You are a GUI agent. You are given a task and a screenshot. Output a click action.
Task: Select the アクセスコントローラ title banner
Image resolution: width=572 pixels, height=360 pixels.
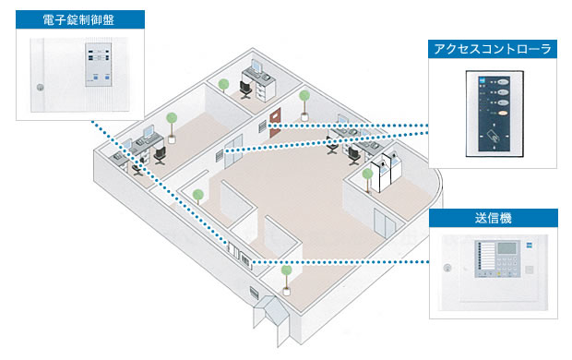493,49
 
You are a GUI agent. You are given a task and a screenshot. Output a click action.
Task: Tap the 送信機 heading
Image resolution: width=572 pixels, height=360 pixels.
494,218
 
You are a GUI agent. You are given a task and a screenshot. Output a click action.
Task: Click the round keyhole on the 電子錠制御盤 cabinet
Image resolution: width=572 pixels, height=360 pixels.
40,88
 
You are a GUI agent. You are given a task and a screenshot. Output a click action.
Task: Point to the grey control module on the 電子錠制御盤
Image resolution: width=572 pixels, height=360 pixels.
98,65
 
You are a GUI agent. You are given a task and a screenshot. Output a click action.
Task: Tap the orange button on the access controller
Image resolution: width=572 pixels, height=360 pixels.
504,114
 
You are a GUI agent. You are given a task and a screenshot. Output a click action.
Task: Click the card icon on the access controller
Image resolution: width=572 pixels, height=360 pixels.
495,137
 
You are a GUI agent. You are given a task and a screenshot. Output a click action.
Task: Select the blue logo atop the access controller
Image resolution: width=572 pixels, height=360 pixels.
482,79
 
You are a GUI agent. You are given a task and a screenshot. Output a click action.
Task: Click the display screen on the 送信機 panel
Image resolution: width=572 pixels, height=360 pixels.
507,248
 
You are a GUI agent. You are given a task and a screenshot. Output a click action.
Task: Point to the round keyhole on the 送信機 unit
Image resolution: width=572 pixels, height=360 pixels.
447,269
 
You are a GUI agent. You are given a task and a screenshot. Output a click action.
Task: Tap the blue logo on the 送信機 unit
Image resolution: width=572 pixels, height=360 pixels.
529,246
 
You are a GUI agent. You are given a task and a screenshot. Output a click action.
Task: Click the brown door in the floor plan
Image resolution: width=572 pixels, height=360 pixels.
275,123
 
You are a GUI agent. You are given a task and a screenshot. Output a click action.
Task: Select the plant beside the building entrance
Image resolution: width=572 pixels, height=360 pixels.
287,280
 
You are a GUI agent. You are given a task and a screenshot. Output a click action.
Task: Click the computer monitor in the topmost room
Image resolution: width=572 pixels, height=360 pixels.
256,66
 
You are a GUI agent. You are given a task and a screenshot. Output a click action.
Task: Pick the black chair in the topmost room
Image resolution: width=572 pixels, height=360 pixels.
245,90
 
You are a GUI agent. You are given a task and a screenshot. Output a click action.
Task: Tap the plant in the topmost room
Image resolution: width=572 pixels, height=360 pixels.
223,86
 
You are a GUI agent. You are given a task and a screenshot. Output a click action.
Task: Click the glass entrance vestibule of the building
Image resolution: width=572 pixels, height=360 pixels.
271,318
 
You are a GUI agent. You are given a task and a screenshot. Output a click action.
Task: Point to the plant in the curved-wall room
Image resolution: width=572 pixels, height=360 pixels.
367,180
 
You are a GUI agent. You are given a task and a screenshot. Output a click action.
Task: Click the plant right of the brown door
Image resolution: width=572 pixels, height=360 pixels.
304,105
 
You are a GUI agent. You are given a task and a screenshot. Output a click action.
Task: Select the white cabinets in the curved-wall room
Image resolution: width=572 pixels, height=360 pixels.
386,172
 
